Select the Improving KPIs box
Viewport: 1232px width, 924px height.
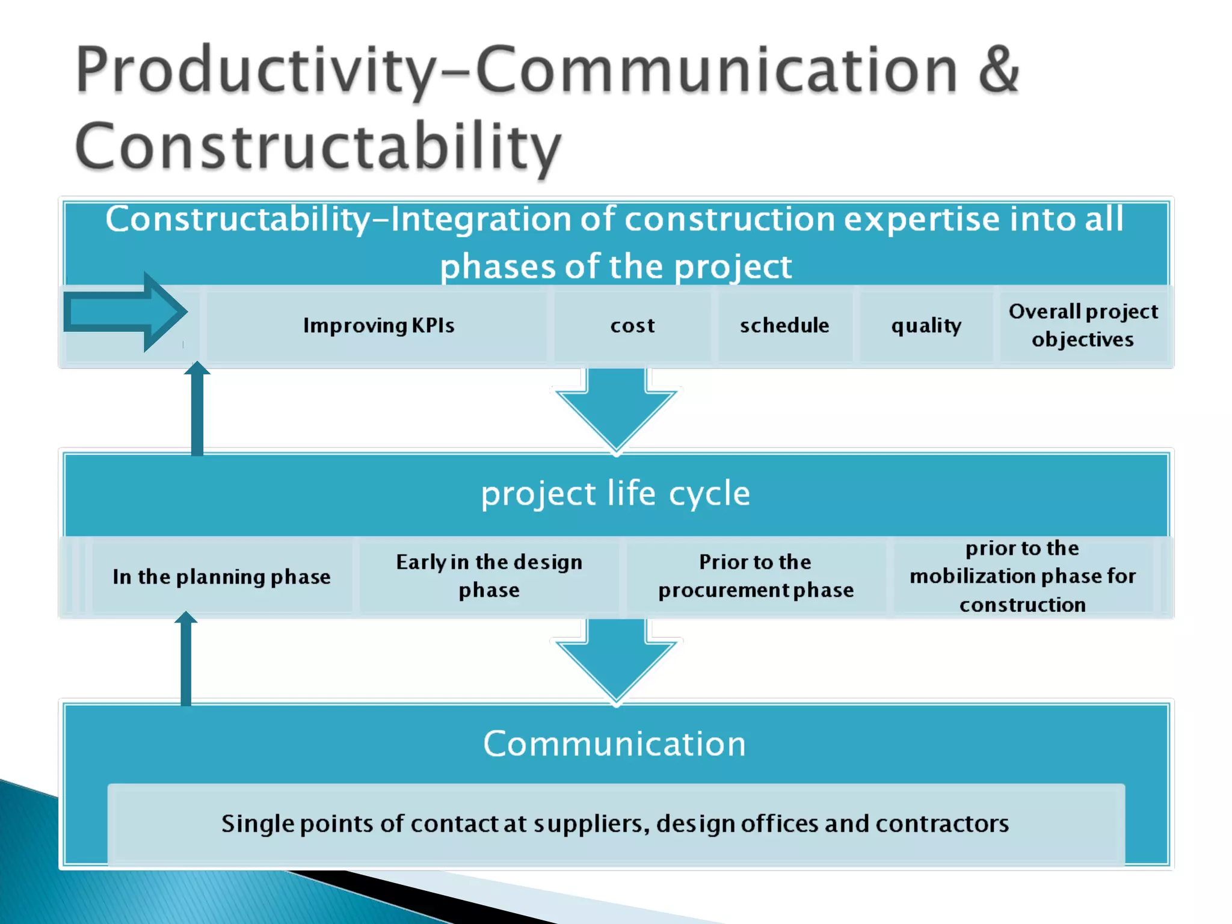pos(378,325)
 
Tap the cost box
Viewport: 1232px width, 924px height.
pos(632,325)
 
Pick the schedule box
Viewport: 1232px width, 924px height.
pos(784,325)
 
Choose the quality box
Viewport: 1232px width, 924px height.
pos(926,325)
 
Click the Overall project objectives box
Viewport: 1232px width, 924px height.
pos(1083,325)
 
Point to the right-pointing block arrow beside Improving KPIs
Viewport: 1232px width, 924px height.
pos(126,312)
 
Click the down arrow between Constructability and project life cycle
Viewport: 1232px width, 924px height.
pos(616,409)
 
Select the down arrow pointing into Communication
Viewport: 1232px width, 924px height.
pos(616,661)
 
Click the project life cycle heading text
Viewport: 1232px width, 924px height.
pos(615,494)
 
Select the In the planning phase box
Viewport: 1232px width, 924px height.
pos(221,577)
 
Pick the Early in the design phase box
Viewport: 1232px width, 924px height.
pos(489,576)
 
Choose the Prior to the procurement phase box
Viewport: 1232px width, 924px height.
pos(756,576)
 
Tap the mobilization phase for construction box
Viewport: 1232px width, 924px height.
pos(1023,576)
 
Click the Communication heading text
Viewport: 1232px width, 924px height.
pos(614,744)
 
